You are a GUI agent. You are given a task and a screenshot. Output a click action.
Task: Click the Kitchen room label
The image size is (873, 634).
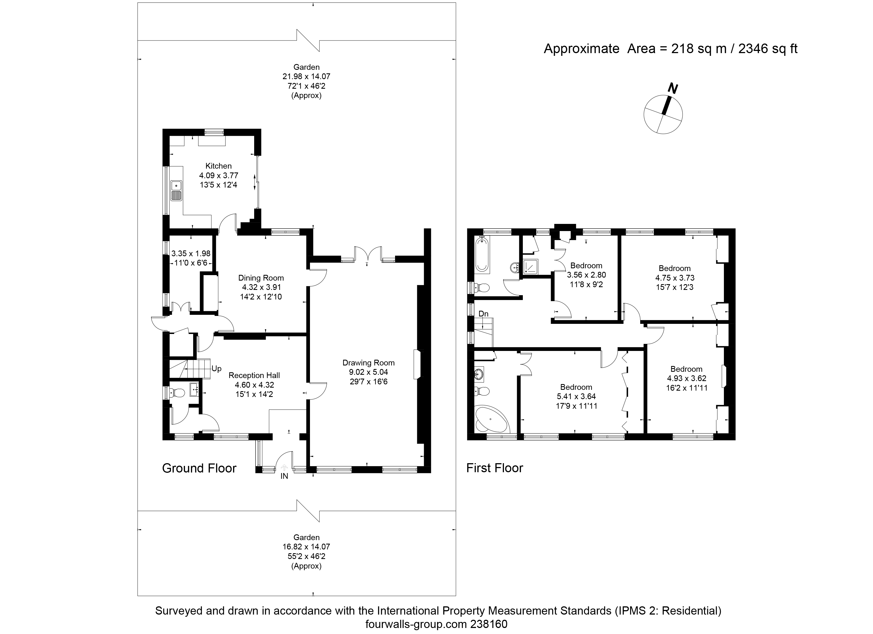tap(218, 166)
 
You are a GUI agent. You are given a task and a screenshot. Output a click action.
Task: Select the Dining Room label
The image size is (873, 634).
tap(261, 278)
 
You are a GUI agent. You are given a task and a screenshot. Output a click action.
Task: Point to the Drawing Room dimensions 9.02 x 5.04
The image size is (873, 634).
tap(368, 372)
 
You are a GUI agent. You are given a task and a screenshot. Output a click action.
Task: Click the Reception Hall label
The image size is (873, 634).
tap(254, 375)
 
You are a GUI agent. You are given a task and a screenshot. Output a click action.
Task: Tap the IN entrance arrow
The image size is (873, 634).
tap(284, 468)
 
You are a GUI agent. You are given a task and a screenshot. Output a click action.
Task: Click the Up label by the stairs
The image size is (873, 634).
tap(216, 369)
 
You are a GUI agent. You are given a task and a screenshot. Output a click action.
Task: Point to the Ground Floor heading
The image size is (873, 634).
tap(199, 468)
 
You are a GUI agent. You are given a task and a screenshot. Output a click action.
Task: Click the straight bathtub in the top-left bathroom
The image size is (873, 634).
tap(482, 254)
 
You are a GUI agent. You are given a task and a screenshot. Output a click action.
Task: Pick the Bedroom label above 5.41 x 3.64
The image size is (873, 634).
tap(576, 387)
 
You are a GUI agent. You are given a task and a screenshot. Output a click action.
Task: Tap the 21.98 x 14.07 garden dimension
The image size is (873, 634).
tap(306, 76)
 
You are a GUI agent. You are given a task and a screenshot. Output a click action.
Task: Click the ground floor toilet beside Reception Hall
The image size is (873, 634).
tap(178, 393)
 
